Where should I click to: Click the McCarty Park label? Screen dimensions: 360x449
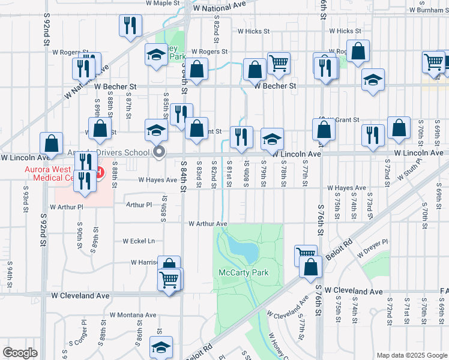(243, 273)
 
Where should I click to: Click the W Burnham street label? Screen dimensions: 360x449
(429, 10)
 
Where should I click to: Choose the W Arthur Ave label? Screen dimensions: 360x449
(208, 224)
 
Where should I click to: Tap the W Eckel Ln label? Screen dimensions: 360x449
(139, 241)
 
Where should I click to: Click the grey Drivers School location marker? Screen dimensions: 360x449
(159, 152)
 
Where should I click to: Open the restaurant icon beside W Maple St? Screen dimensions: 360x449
(130, 26)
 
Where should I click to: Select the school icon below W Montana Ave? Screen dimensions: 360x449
(161, 347)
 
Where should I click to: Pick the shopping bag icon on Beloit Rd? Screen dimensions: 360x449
(310, 267)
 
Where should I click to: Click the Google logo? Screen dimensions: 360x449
(20, 353)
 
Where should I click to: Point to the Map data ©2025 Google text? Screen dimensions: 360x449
(411, 355)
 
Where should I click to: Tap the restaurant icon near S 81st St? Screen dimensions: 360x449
(240, 138)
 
